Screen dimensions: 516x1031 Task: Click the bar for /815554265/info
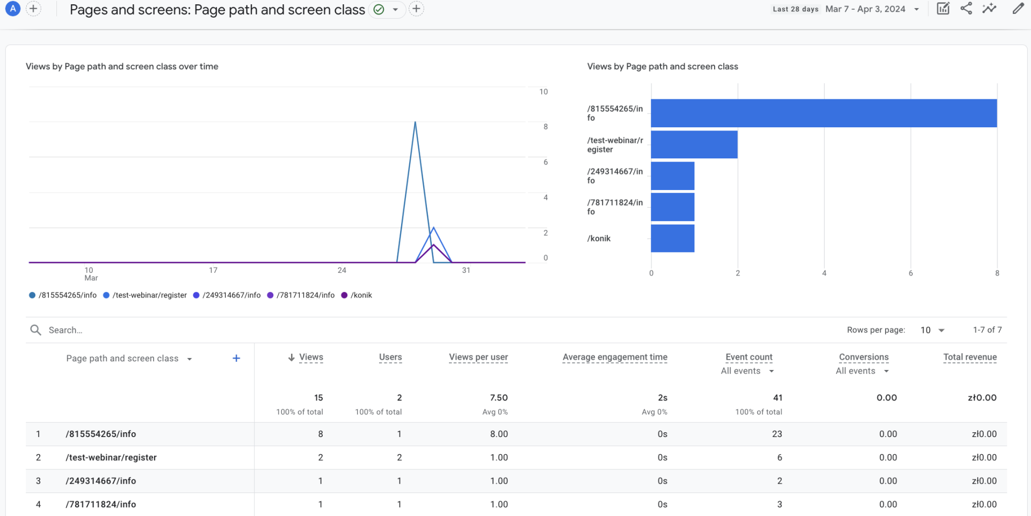(823, 113)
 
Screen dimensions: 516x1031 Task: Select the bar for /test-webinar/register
(694, 144)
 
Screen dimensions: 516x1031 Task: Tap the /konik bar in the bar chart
(672, 238)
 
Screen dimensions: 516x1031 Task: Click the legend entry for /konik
(360, 295)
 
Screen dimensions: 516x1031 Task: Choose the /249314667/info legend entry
(231, 295)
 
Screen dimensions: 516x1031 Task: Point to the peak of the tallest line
(415, 123)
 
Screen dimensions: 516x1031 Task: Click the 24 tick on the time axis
(342, 270)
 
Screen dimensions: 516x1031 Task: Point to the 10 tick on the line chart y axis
(543, 92)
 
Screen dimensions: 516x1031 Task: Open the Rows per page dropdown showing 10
(932, 330)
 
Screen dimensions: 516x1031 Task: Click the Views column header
(310, 357)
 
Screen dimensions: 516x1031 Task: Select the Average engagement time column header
(614, 357)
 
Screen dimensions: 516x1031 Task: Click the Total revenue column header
(969, 357)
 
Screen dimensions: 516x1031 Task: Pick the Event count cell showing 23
(776, 434)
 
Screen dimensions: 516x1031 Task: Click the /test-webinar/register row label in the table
(111, 457)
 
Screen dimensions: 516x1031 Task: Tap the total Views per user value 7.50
(498, 398)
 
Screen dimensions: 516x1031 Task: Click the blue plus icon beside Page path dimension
(236, 358)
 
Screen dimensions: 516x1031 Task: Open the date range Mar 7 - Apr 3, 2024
(872, 9)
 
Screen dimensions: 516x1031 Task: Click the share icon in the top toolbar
(966, 9)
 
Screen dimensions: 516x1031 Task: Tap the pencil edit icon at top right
(1018, 9)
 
